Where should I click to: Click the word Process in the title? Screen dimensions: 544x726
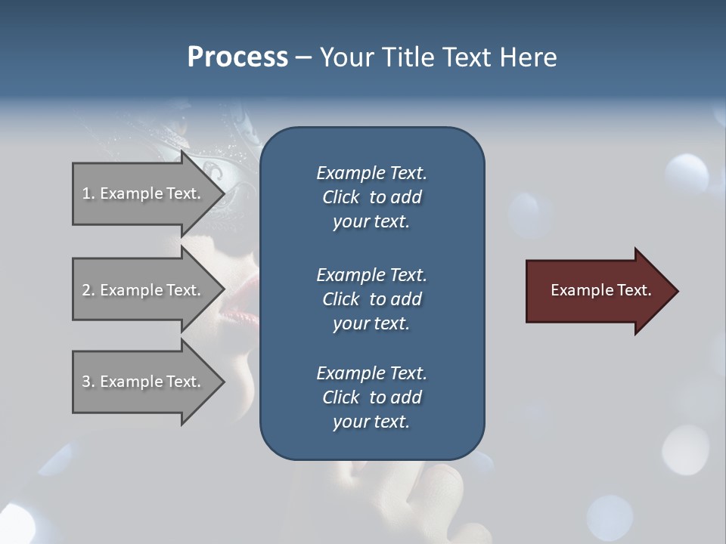click(x=237, y=57)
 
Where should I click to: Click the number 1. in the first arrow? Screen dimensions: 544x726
click(x=88, y=193)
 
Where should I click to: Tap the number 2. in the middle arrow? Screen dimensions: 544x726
click(x=88, y=290)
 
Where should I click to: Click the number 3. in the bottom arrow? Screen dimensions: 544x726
click(x=88, y=382)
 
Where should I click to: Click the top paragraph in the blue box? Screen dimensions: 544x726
click(x=371, y=197)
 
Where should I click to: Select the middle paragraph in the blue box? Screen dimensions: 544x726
click(x=371, y=299)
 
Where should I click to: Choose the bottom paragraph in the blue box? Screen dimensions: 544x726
click(x=371, y=397)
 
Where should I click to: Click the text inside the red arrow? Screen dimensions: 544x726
click(x=600, y=290)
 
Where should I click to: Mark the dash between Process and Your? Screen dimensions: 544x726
click(x=304, y=57)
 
